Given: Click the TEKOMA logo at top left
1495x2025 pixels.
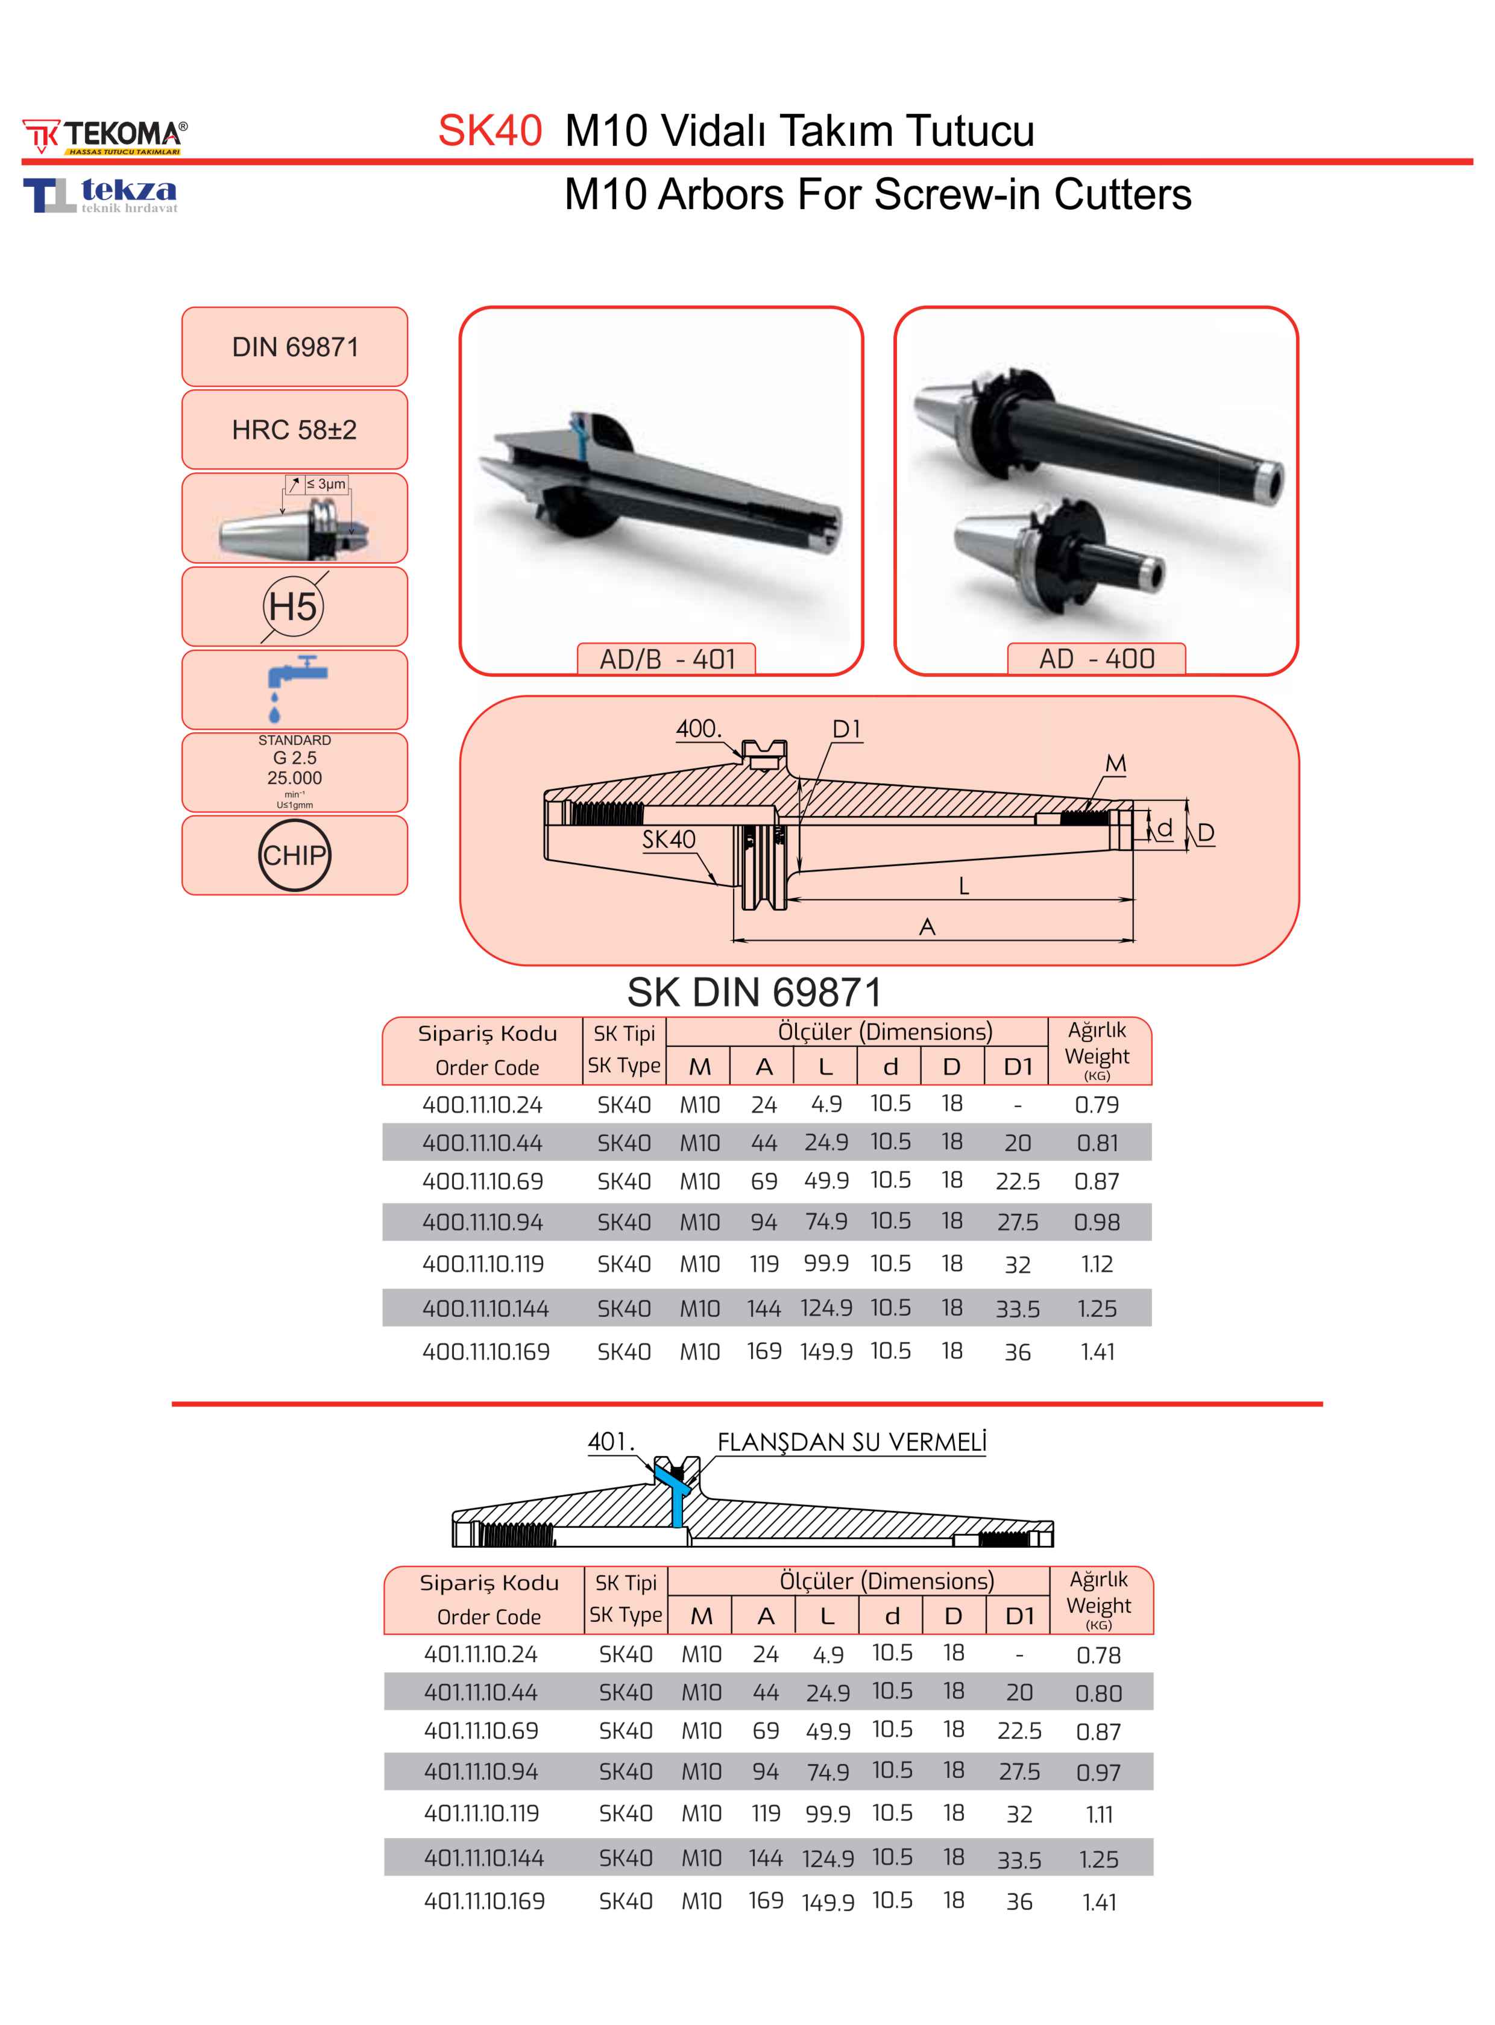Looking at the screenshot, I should [105, 136].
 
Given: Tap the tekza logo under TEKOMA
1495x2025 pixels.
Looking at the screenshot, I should [101, 195].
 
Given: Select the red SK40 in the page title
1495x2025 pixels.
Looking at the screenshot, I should [489, 130].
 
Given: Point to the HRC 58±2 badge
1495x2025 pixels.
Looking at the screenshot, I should [294, 429].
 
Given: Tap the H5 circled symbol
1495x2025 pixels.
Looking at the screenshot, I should [293, 606].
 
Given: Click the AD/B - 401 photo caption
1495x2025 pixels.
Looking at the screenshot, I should [667, 659].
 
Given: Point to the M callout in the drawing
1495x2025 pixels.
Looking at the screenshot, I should [1116, 764].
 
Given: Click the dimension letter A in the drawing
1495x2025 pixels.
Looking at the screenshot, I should [927, 926].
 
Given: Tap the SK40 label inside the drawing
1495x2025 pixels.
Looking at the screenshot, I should [669, 840].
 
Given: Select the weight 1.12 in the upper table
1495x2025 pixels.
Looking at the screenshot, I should [1097, 1264].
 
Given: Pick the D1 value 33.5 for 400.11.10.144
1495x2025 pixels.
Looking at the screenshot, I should [1017, 1308].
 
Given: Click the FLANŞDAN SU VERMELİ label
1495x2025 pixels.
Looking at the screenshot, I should [852, 1442].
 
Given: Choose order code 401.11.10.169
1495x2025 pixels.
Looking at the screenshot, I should [484, 1900].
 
